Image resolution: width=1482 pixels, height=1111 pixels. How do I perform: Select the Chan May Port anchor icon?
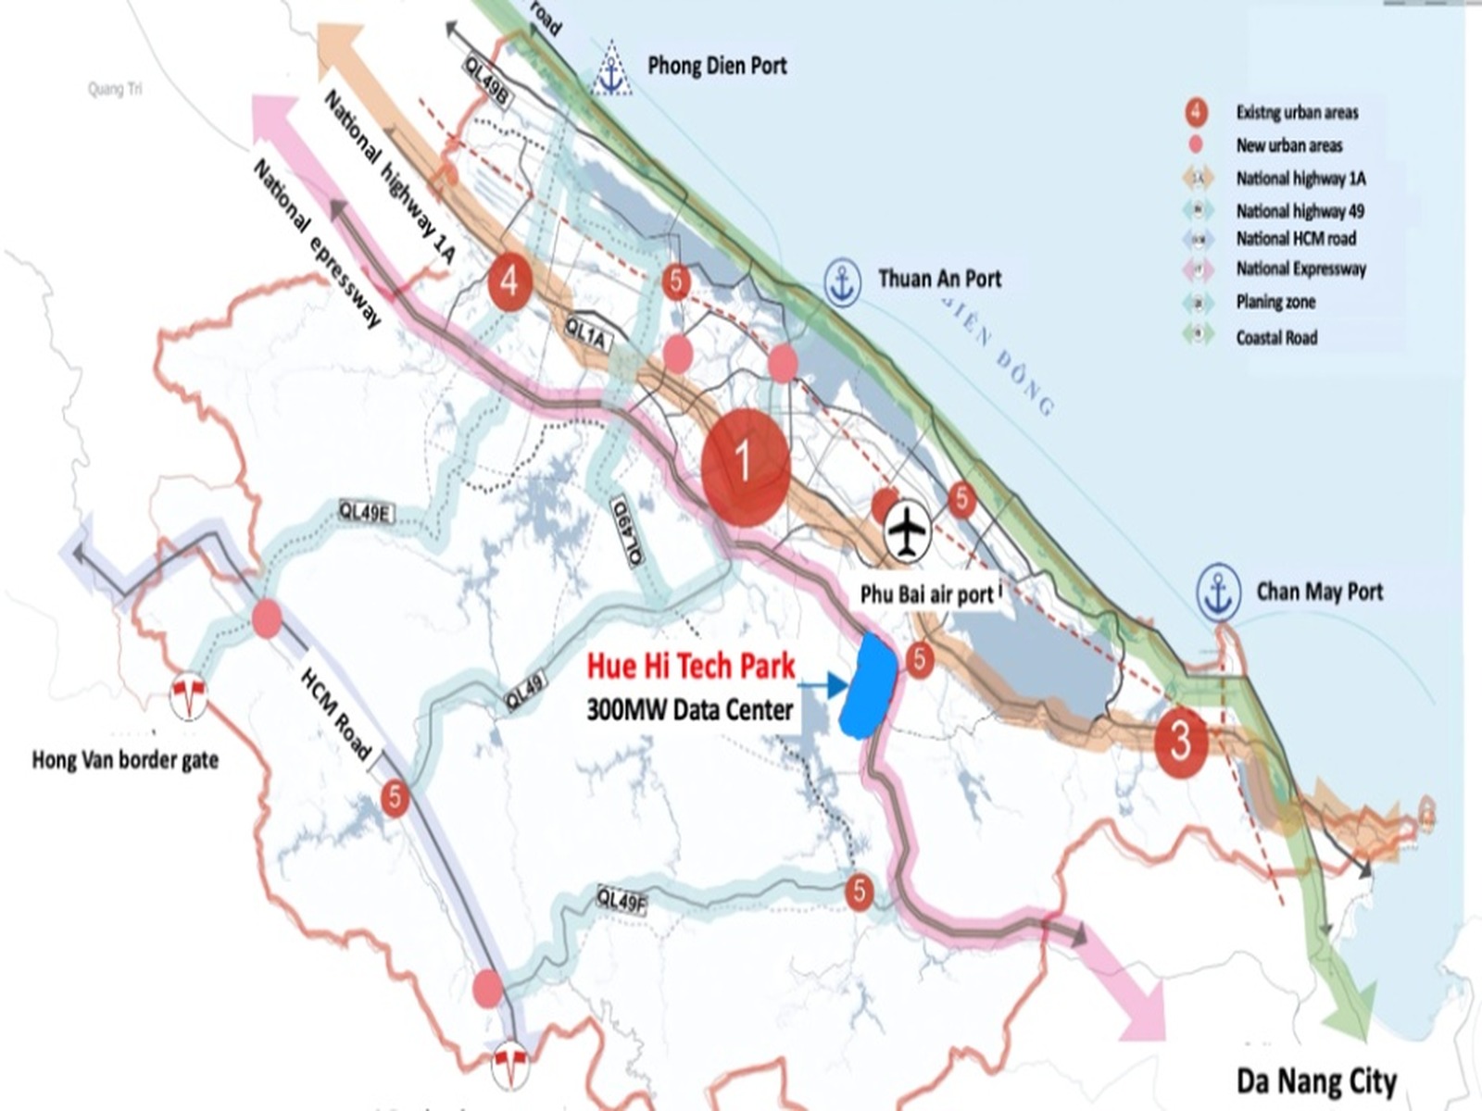pyautogui.click(x=1218, y=593)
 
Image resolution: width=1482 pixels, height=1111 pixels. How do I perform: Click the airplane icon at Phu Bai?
pyautogui.click(x=908, y=531)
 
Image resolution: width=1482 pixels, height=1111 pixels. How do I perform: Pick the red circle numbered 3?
pyautogui.click(x=1180, y=741)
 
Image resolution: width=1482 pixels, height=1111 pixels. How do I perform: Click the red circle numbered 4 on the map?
pyautogui.click(x=509, y=280)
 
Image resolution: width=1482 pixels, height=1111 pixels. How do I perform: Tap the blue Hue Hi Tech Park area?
pyautogui.click(x=867, y=685)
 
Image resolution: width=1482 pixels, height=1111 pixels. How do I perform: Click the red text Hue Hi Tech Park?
pyautogui.click(x=691, y=666)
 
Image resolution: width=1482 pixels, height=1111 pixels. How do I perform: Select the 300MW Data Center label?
pyautogui.click(x=689, y=710)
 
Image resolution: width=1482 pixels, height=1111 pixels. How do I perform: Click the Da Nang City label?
pyautogui.click(x=1316, y=1080)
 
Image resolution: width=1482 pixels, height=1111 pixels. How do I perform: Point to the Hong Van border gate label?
pyautogui.click(x=125, y=760)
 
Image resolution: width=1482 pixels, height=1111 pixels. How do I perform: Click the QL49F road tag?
pyautogui.click(x=621, y=898)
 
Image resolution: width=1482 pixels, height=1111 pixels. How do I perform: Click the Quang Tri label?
pyautogui.click(x=115, y=89)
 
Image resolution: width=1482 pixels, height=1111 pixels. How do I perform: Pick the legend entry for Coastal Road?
pyautogui.click(x=1275, y=338)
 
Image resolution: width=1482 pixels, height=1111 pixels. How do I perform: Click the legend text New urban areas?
pyautogui.click(x=1288, y=145)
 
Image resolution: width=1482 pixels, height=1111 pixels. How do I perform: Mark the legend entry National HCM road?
pyautogui.click(x=1295, y=239)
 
